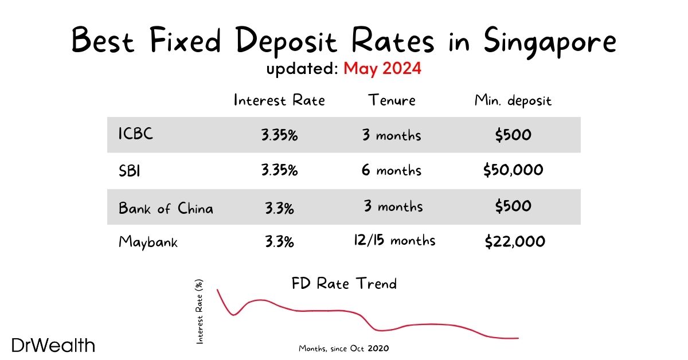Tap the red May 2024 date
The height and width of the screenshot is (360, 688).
pos(382,69)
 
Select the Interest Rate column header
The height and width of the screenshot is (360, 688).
pos(279,100)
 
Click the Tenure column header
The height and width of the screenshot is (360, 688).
pos(392,100)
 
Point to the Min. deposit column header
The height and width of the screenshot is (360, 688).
pos(513,101)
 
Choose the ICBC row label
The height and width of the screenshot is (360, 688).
pos(136,135)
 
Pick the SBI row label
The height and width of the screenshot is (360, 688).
pos(130,170)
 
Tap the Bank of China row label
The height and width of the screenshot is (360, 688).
pos(166,208)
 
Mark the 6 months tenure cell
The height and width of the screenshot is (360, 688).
pos(392,170)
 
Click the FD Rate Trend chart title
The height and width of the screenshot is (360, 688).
pos(344,283)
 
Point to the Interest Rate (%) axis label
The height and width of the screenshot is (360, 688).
pos(200,315)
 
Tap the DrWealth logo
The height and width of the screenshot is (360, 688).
pos(52,345)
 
